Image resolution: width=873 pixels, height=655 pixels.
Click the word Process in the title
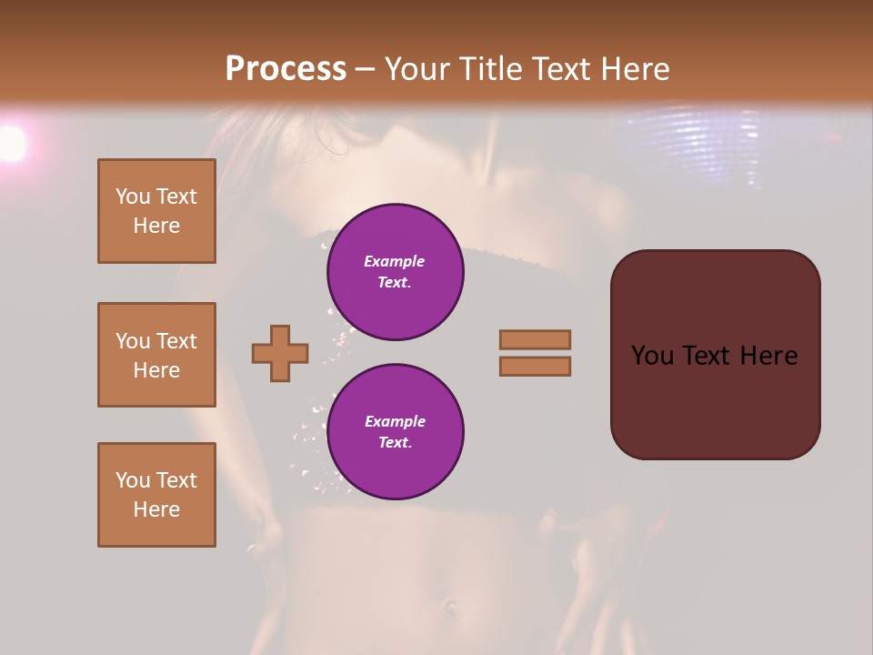coord(286,69)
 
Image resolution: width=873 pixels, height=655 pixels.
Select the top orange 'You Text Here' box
coord(156,211)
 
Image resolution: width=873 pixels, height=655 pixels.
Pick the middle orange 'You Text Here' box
coord(156,355)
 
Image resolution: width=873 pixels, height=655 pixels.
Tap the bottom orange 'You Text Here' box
coord(156,495)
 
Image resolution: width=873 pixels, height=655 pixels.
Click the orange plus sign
coord(280,353)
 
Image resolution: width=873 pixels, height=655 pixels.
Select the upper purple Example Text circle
coord(396,272)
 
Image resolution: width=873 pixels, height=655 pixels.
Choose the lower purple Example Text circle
coord(396,432)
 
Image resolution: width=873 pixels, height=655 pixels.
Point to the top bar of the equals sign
coord(536,339)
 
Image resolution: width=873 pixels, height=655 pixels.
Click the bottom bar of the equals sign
coord(536,366)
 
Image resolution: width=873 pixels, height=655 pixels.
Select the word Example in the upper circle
coord(395,261)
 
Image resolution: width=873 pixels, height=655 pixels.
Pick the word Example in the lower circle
coord(395,421)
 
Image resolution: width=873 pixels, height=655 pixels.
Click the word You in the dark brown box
coord(652,356)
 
